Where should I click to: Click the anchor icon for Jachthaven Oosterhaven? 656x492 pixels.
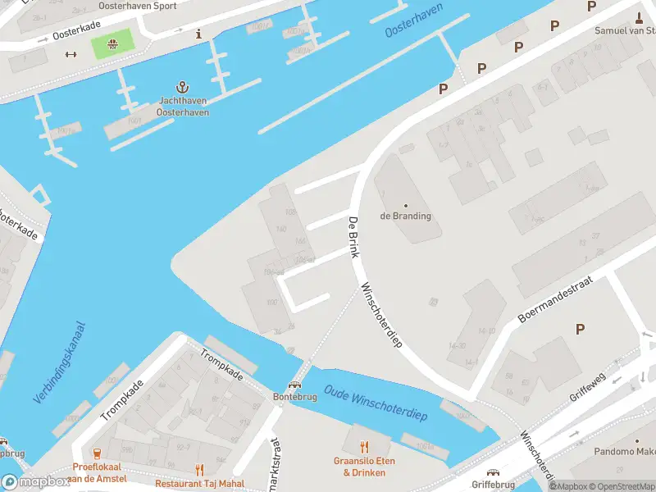tap(183, 87)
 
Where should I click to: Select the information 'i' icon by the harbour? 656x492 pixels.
tap(198, 34)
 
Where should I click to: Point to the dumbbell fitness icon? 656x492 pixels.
tap(71, 55)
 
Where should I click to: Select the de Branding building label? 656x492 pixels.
tap(405, 216)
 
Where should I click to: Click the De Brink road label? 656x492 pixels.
tap(353, 238)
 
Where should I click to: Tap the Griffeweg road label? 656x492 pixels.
tap(587, 385)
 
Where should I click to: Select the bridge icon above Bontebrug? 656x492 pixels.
tap(294, 383)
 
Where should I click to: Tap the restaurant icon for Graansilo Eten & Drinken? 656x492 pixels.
tap(365, 447)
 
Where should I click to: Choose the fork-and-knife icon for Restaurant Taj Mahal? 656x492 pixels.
tap(199, 469)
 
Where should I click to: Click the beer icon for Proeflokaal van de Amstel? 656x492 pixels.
tap(98, 453)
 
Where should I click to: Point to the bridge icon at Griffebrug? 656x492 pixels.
tap(493, 472)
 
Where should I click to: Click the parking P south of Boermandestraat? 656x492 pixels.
tap(580, 329)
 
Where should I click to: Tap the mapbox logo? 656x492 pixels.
tap(36, 481)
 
